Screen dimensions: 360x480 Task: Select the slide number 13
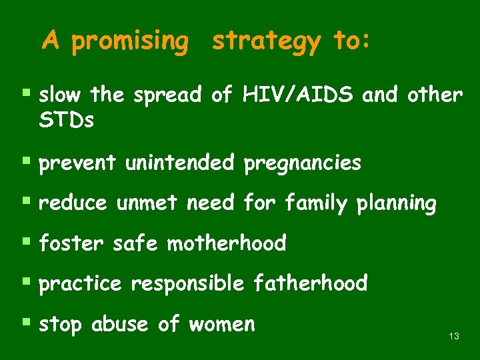454,336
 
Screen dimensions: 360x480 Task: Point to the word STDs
66,121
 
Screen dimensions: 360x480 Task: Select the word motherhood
226,243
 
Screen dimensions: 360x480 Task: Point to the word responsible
187,283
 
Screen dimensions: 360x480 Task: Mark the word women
222,324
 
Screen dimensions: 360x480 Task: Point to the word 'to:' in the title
350,42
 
